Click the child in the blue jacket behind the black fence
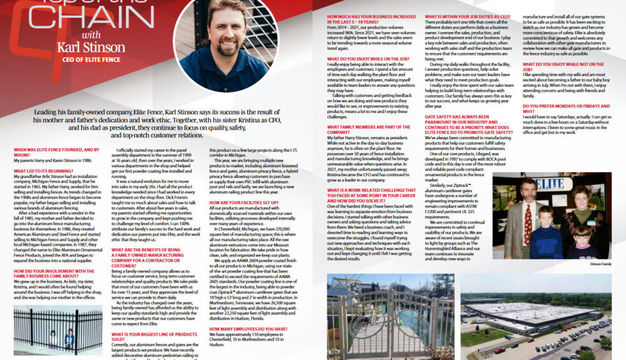68,337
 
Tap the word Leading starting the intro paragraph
48,112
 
